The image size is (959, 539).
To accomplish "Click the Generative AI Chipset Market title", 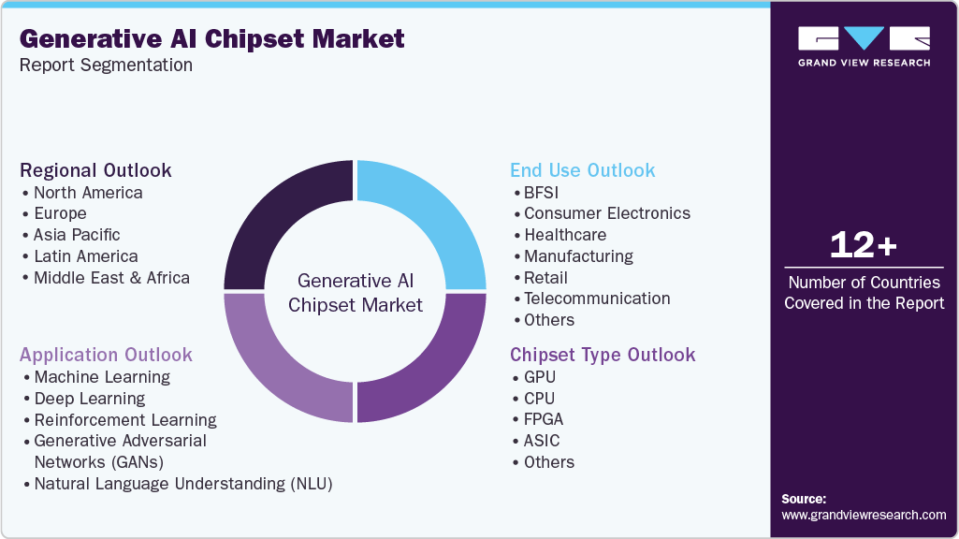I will (x=212, y=38).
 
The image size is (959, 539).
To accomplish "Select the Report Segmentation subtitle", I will (x=106, y=65).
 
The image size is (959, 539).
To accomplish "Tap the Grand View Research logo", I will (x=864, y=46).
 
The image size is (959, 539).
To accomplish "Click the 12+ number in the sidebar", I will (x=864, y=246).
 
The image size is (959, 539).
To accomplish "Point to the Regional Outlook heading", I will (x=95, y=170).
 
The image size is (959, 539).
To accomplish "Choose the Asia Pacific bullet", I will (x=77, y=235).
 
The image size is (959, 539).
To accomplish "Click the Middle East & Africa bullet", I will (x=111, y=278).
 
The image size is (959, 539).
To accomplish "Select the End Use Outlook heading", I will (x=582, y=170).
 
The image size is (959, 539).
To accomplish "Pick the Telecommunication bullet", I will (x=597, y=299).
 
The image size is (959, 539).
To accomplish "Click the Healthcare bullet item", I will (x=565, y=235).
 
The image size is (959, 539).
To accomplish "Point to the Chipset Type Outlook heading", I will (x=603, y=355).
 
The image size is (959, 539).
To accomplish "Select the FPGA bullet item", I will (x=544, y=419).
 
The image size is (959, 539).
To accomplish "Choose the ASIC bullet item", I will (x=542, y=441).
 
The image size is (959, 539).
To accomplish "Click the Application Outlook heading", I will (x=106, y=355).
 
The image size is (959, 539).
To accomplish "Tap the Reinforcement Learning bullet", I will (x=125, y=420).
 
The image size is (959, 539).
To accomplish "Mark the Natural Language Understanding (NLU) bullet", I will (x=183, y=484).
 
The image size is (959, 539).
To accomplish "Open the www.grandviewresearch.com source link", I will (x=864, y=515).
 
